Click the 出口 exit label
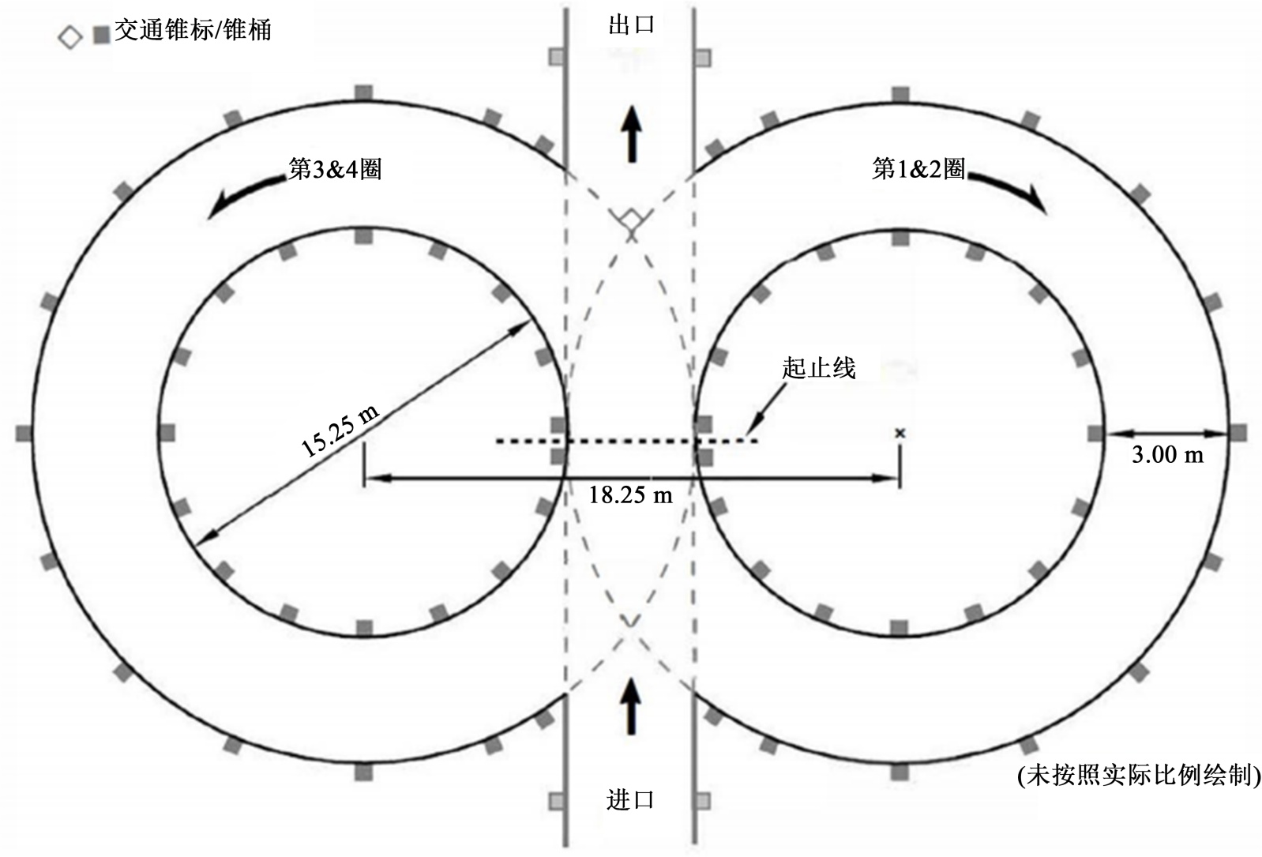(631, 24)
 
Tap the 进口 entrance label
(630, 800)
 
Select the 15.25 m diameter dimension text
(340, 430)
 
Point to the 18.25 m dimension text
(630, 495)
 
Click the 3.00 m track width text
(1167, 454)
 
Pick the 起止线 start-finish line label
(819, 368)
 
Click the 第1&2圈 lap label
(918, 168)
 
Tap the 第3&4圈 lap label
(335, 168)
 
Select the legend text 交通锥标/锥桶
(193, 31)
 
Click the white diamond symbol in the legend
(70, 37)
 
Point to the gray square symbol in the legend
(101, 36)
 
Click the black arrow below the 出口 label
(631, 134)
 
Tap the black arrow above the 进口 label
(630, 706)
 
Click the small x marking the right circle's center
(900, 433)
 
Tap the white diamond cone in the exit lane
(630, 220)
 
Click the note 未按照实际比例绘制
(1138, 776)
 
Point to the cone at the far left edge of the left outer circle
(24, 433)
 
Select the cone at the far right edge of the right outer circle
(1238, 433)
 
